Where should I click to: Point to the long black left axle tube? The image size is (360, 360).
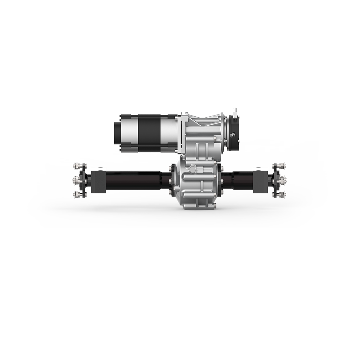coord(137,179)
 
